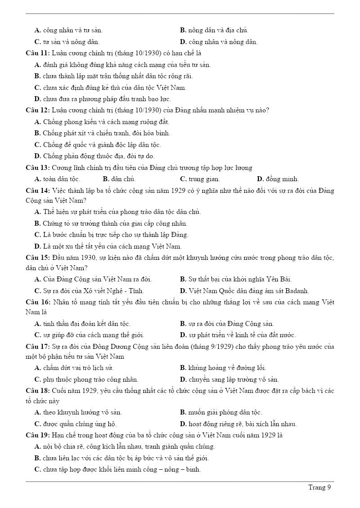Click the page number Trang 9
tap(319, 487)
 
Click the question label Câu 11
tap(38, 53)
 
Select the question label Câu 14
tap(38, 191)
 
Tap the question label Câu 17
tap(38, 347)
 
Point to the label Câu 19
tap(38, 435)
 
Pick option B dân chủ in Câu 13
tap(119, 179)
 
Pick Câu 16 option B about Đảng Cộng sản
tap(227, 324)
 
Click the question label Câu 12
tap(38, 110)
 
